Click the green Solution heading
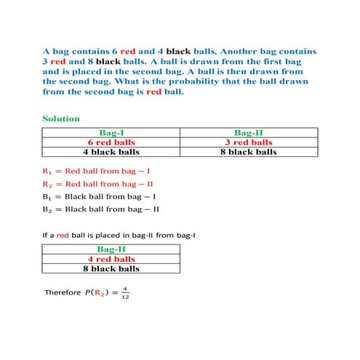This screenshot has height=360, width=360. pyautogui.click(x=61, y=119)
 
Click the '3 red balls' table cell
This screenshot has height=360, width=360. pyautogui.click(x=248, y=143)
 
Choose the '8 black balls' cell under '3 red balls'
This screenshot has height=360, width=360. pyautogui.click(x=248, y=152)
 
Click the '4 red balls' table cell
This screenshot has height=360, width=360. pyautogui.click(x=111, y=259)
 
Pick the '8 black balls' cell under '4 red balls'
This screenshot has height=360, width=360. pyautogui.click(x=111, y=268)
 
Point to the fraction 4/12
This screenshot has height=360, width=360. pyautogui.click(x=124, y=292)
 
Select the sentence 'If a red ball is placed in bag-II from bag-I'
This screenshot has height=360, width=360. pyautogui.click(x=119, y=236)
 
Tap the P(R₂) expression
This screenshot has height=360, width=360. pyautogui.click(x=99, y=292)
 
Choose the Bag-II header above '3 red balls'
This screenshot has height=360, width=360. pyautogui.click(x=248, y=132)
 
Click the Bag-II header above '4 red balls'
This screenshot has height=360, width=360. pyautogui.click(x=111, y=249)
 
